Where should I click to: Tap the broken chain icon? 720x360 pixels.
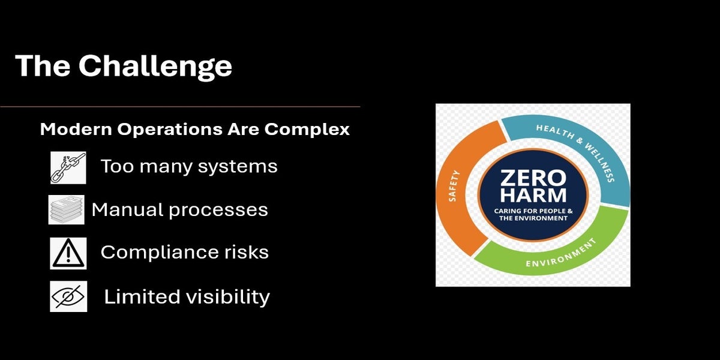tap(68, 167)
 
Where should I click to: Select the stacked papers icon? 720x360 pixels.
tap(66, 210)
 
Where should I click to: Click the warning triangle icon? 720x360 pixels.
tap(68, 253)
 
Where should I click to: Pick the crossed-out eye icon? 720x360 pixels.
tap(68, 296)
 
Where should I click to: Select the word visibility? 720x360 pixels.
tap(230, 296)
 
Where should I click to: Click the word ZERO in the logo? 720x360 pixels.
tap(532, 178)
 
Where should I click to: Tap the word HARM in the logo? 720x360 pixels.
tap(532, 196)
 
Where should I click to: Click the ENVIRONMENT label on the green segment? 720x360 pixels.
tap(560, 256)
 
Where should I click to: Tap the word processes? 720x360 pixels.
tap(224, 210)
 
